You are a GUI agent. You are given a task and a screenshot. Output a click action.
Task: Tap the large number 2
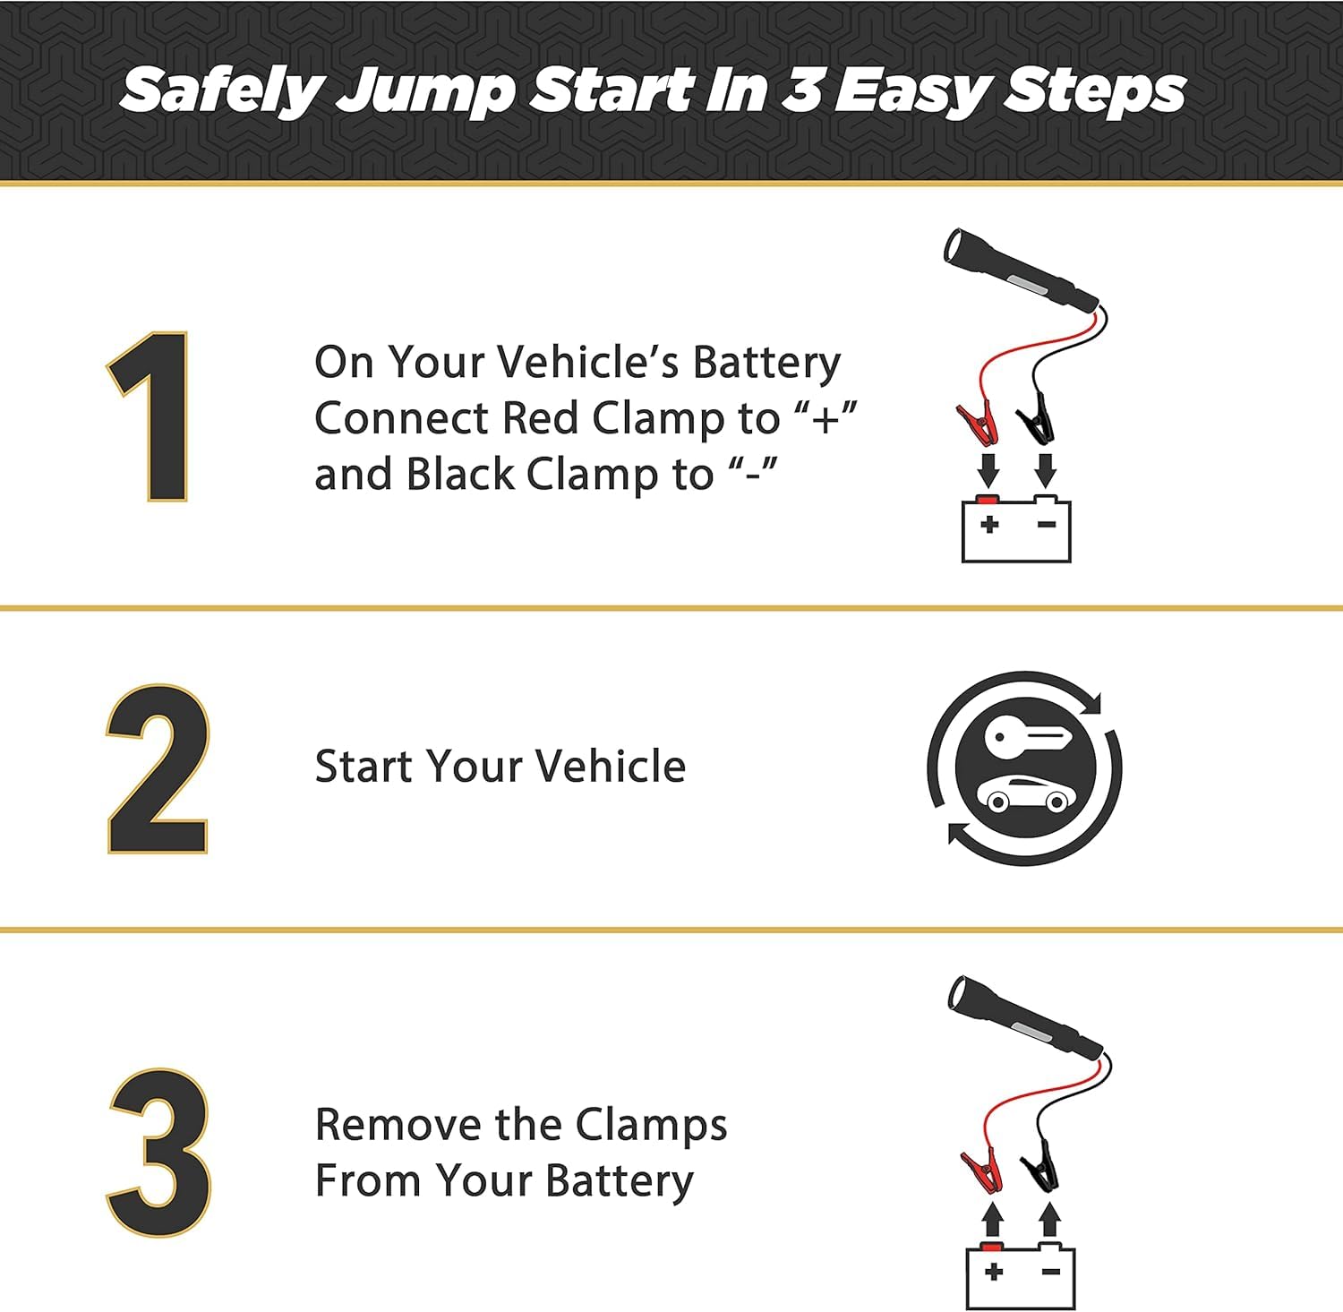coord(158,769)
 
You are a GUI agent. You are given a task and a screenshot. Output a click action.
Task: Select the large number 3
coord(160,1153)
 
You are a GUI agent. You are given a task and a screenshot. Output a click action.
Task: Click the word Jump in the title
coord(425,92)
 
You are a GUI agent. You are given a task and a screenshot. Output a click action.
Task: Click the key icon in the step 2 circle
coord(1026,737)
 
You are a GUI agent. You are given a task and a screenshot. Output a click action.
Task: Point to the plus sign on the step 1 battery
coord(989,524)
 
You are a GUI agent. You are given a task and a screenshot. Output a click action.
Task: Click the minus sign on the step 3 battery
coord(1051,1272)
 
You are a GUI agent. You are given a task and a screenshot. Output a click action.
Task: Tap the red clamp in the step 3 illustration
coord(981,1170)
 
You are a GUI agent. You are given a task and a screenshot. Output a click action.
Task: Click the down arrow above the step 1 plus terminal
coord(988,469)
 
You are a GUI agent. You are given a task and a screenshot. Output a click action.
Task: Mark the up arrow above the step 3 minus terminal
coord(1050,1220)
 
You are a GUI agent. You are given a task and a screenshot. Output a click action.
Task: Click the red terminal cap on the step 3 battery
coord(991,1247)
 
